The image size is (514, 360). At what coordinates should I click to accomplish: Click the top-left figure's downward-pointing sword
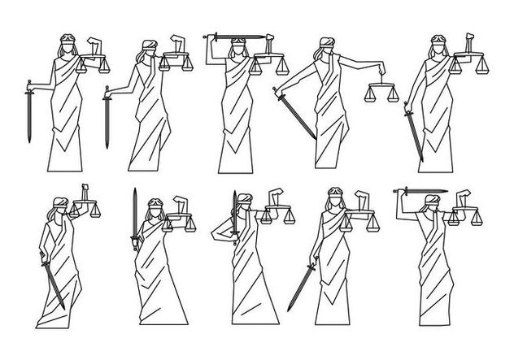point(28,114)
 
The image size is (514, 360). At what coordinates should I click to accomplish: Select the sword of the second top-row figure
point(106,118)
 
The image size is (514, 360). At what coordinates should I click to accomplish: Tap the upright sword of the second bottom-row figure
point(134,218)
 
